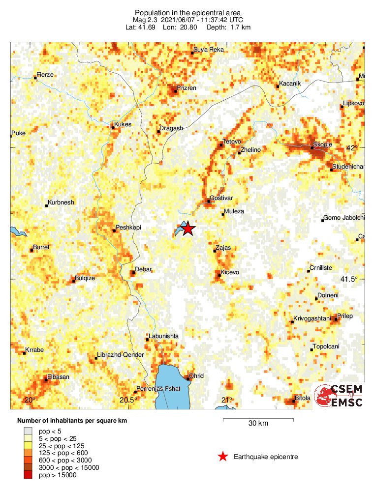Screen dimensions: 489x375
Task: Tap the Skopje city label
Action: click(323, 144)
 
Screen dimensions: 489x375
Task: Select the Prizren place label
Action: click(187, 88)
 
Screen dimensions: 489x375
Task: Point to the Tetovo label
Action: click(232, 142)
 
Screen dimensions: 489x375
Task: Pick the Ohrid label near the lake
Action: click(196, 376)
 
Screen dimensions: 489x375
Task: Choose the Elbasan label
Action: click(58, 377)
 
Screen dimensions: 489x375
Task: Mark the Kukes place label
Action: click(123, 124)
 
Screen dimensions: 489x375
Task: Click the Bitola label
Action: click(303, 398)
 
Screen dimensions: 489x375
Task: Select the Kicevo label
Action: click(229, 272)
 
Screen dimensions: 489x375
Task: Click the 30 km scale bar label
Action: click(258, 424)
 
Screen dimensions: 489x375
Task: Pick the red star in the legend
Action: click(223, 457)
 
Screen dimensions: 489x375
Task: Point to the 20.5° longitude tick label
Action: click(127, 400)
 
